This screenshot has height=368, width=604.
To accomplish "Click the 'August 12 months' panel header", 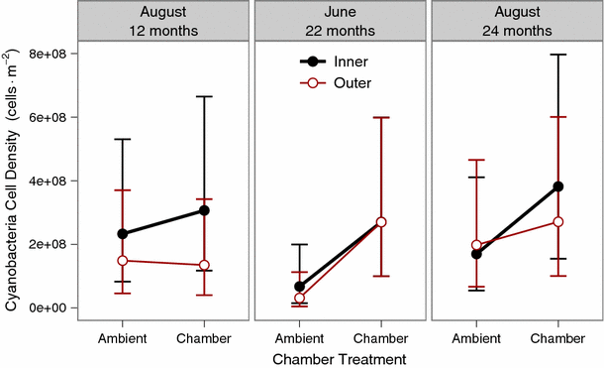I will click(162, 21).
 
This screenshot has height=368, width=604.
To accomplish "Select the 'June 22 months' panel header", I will click(340, 21).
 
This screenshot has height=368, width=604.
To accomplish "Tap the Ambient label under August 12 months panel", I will click(123, 338).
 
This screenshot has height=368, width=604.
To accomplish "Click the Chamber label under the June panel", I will click(381, 338).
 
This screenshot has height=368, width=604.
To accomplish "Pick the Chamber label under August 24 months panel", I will click(557, 338).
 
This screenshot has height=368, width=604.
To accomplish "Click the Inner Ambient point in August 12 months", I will click(123, 234).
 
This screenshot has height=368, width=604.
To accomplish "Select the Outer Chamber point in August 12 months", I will click(204, 265).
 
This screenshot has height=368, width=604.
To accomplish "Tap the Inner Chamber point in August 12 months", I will click(204, 210).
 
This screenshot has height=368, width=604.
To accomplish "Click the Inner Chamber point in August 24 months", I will click(557, 186).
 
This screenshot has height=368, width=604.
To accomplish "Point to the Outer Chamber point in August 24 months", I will click(557, 221).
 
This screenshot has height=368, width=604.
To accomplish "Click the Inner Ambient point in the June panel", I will click(300, 287).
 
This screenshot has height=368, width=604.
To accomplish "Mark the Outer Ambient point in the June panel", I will click(300, 298).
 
